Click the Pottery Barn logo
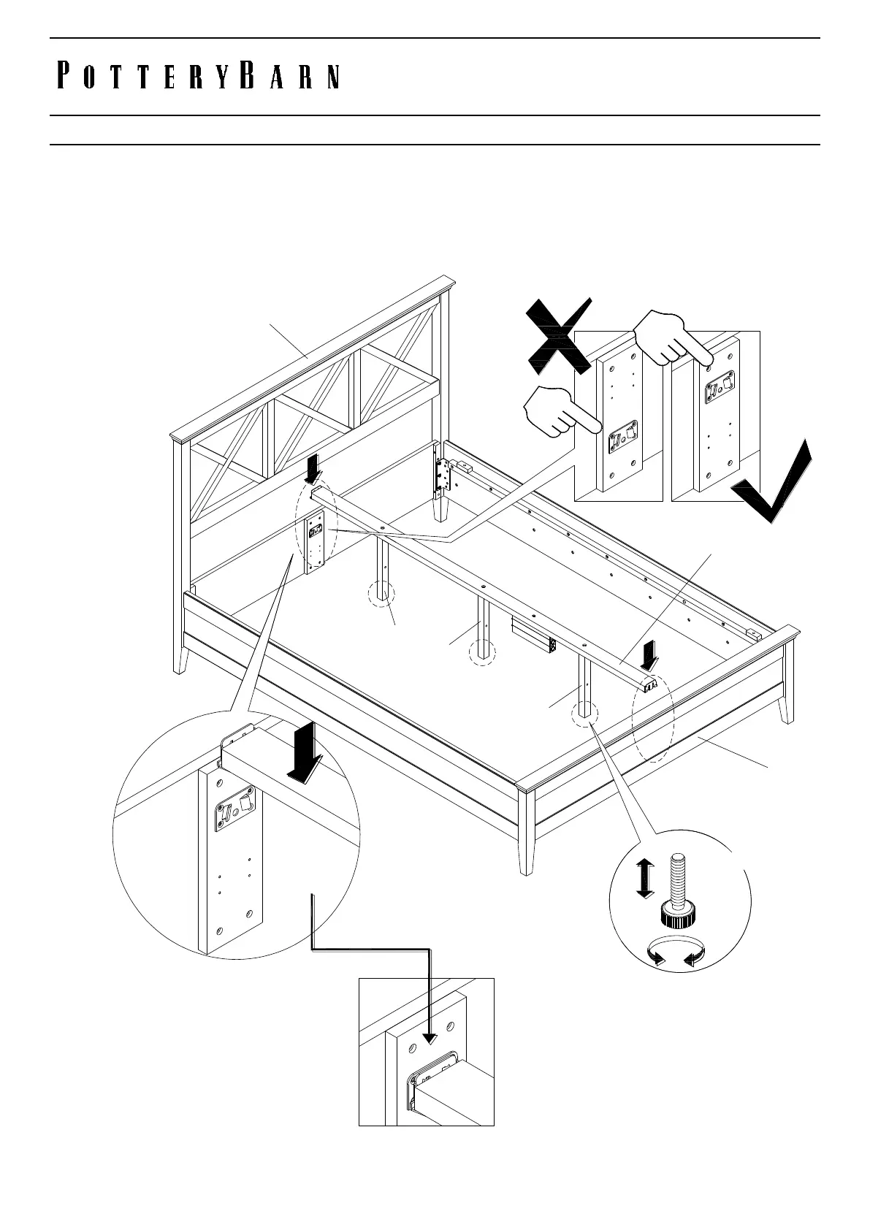click(x=198, y=77)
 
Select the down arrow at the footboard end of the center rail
click(x=647, y=660)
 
